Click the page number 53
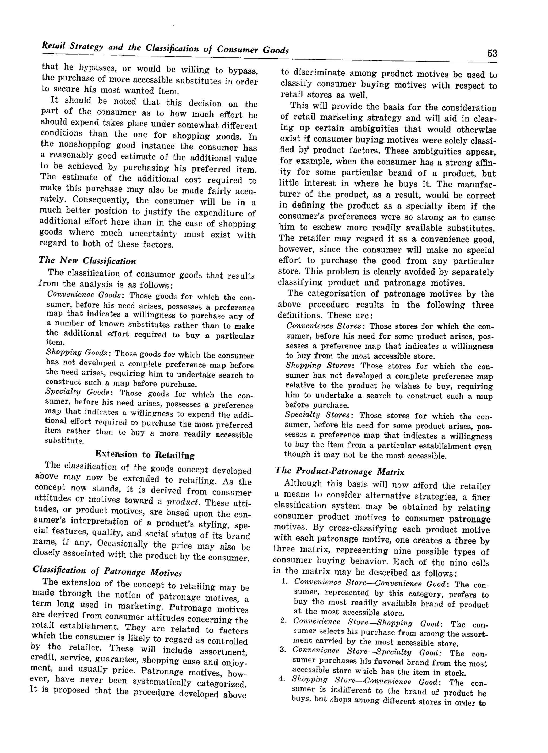(492, 53)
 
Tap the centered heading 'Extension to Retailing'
(145, 455)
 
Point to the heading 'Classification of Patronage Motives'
(107, 571)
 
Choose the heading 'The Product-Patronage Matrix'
(340, 471)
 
